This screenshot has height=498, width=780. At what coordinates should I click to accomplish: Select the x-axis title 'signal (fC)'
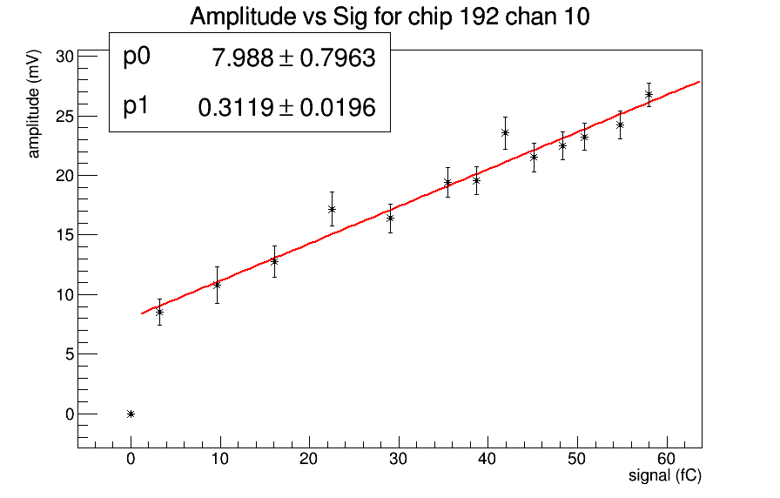point(665,475)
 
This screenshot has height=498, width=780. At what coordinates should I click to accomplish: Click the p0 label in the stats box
point(137,57)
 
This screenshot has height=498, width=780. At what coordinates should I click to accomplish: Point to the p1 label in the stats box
point(137,106)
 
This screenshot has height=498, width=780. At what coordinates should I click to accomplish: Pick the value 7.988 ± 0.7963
point(293,58)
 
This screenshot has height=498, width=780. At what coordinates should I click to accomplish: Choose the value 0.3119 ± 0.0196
point(287,107)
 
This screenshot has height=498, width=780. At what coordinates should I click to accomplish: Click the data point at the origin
point(131,414)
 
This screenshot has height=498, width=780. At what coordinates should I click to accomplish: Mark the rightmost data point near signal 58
point(649,94)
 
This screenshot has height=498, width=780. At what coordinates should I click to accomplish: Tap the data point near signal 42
point(505,132)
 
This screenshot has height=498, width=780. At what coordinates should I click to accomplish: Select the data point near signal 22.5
point(332,209)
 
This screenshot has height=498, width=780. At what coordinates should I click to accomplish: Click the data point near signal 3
point(159,312)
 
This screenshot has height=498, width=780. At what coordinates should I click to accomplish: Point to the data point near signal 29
point(390,218)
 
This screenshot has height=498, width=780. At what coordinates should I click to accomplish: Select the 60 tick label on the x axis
point(666,459)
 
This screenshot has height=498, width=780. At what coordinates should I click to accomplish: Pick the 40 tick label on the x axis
point(487,459)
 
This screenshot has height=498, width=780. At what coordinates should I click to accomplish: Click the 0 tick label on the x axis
point(131,459)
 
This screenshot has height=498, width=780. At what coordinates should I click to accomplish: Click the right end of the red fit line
point(699,82)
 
